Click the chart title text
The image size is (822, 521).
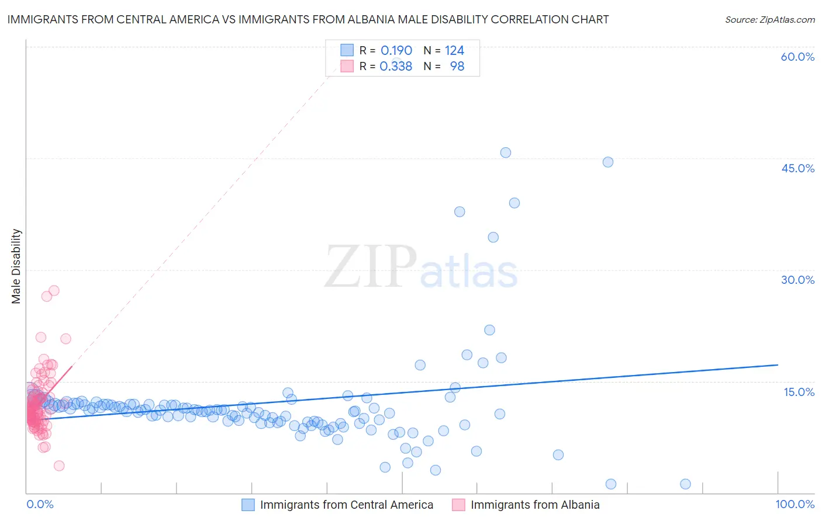coord(308,19)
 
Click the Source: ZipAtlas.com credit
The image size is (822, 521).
coord(769,19)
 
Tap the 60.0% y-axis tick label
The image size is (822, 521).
coord(797,57)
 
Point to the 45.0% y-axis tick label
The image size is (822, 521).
coord(797,168)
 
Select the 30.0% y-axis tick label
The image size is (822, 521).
coord(797,280)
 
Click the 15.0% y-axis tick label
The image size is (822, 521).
coord(799,392)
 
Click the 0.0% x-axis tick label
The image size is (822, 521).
coord(40,504)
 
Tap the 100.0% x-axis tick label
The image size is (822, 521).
coord(795,504)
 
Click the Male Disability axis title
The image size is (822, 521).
coord(16,266)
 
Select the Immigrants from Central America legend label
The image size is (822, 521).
coord(346,505)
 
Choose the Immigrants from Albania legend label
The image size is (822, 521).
coord(535,505)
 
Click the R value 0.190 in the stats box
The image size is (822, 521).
coord(396,51)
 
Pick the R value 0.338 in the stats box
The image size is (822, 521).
coord(396,67)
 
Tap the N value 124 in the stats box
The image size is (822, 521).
coord(454,51)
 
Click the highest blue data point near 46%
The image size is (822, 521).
coord(506,152)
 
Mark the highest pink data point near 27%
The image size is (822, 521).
coord(54,290)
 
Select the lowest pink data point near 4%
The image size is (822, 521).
coord(59,466)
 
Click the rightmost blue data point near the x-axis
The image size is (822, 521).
coord(686,484)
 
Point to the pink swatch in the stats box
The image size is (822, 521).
coord(347,67)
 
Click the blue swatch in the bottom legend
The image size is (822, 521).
coord(248,505)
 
